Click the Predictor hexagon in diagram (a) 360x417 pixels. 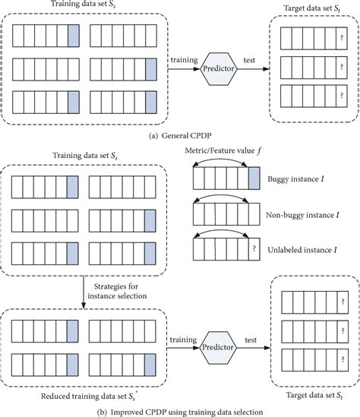[217, 69]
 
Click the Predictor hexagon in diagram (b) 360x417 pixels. [218, 346]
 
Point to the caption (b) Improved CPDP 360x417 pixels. [180, 410]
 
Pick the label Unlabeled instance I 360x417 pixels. [302, 248]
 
